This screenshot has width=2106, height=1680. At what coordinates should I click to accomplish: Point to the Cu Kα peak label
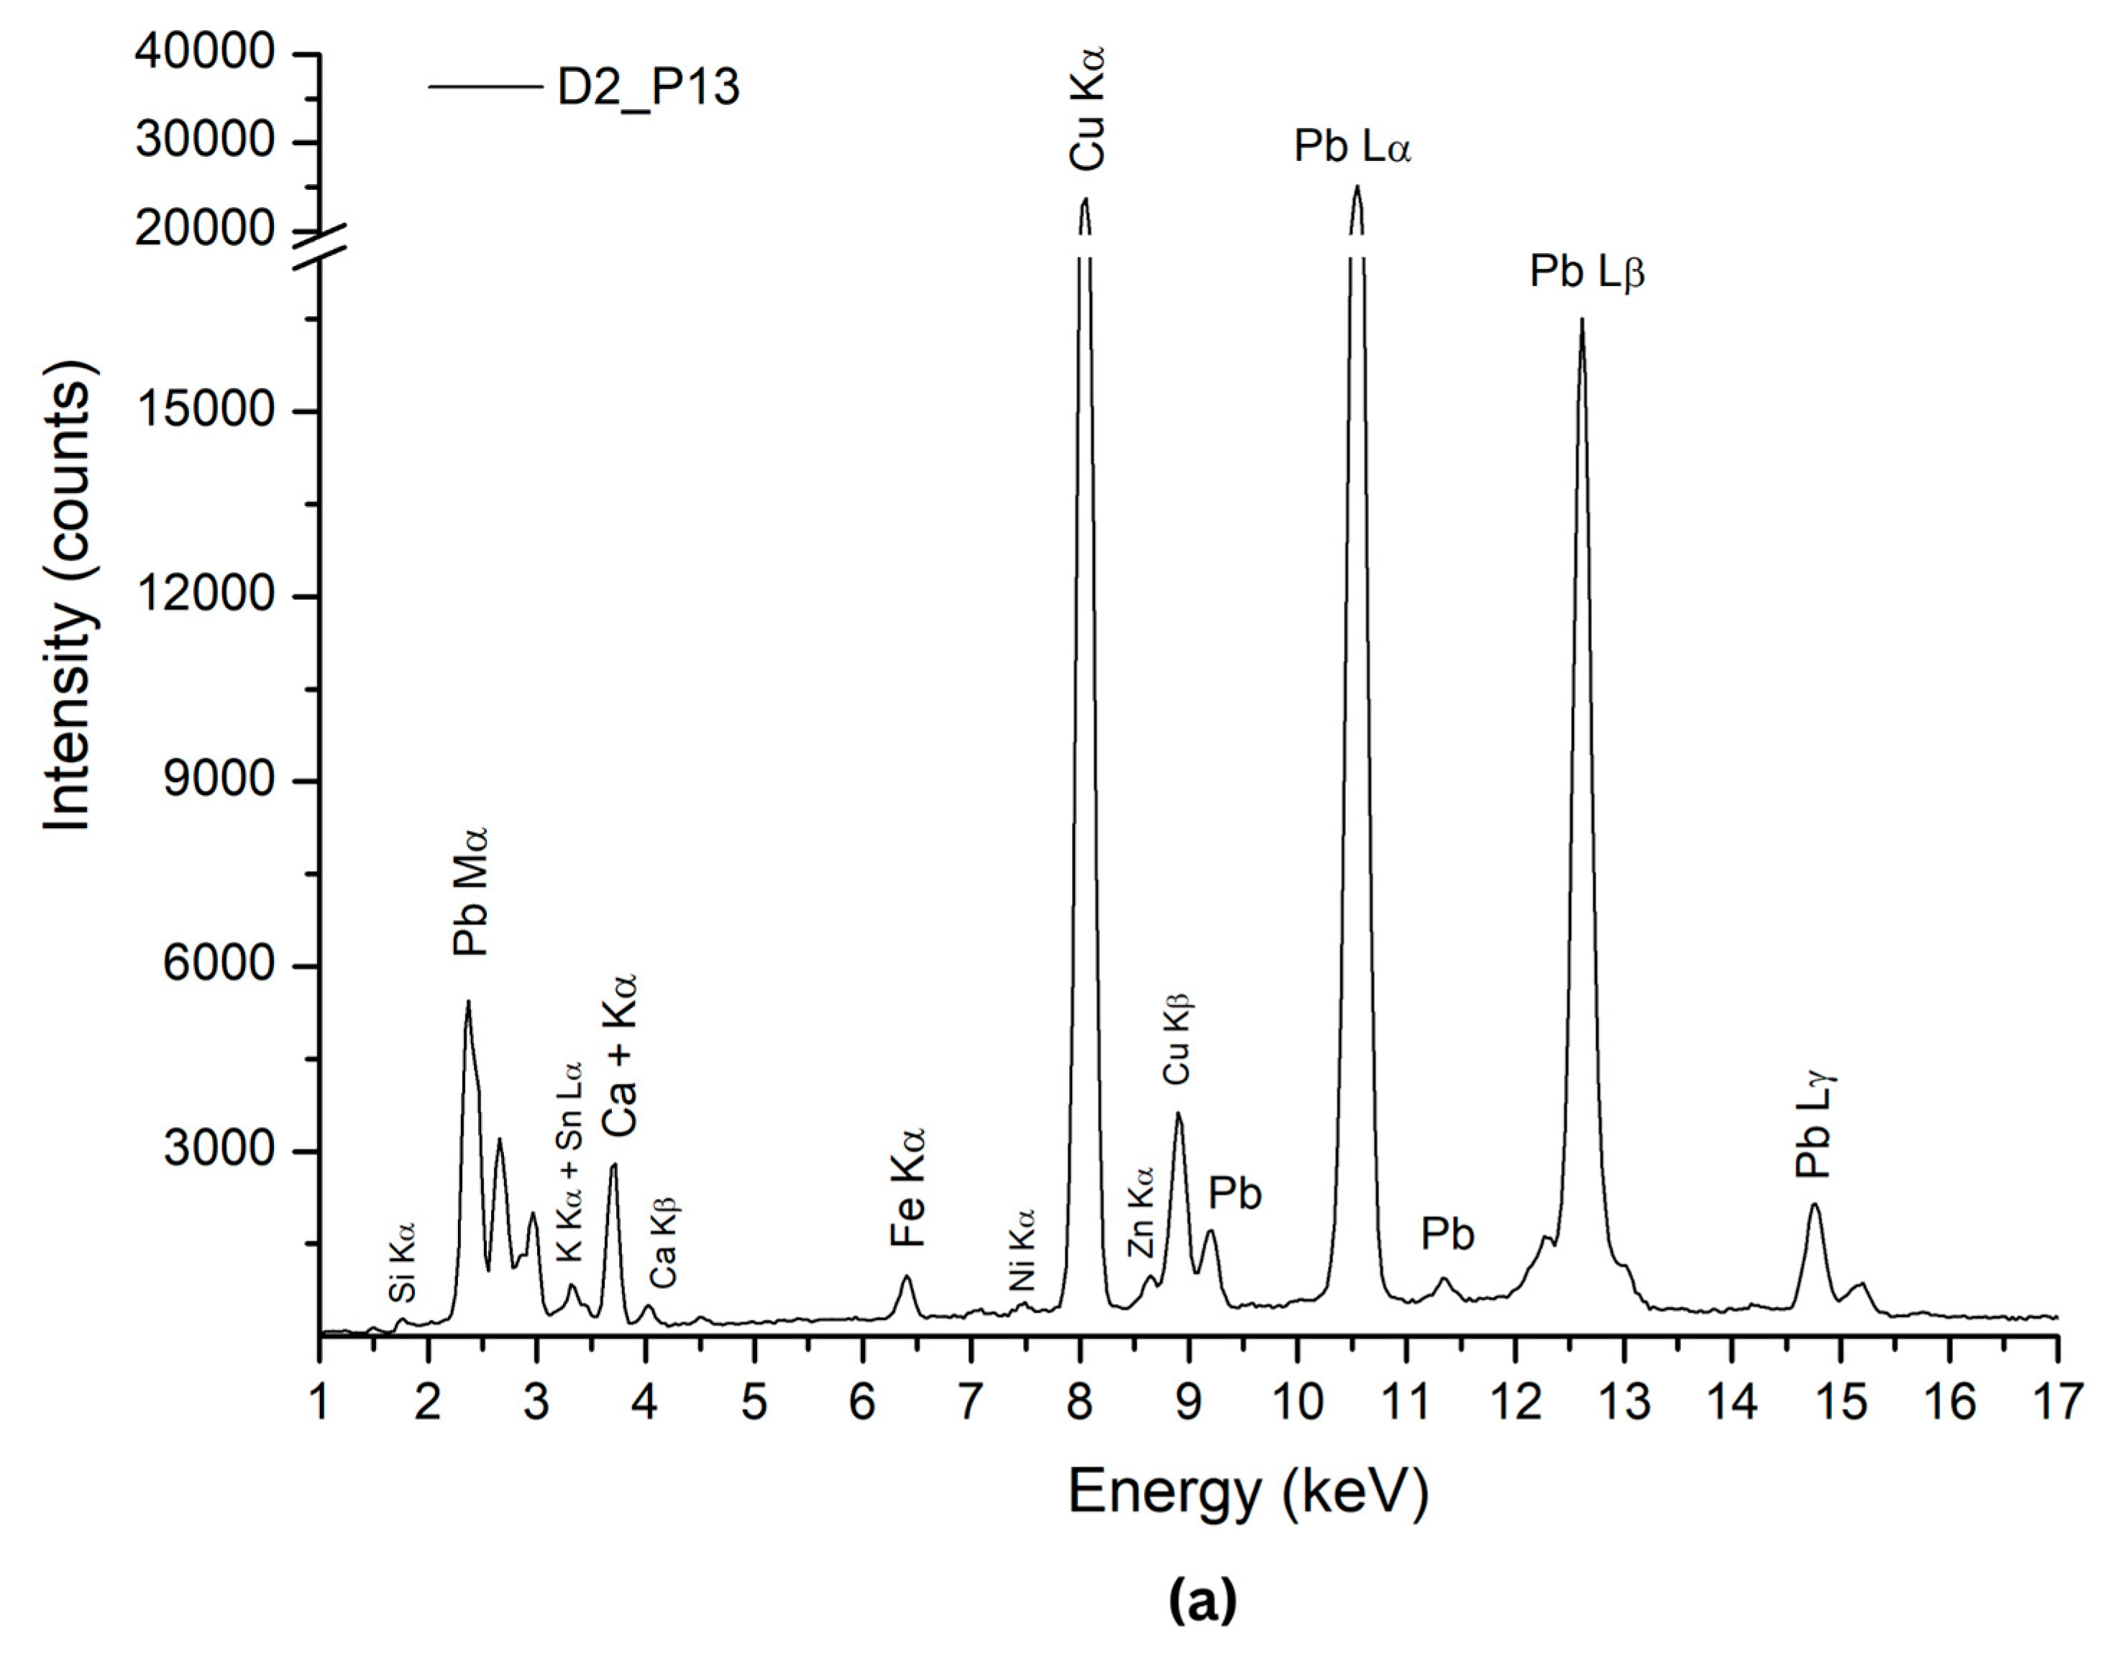tap(1086, 107)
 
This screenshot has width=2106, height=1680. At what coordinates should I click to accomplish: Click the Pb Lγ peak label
tap(1815, 1125)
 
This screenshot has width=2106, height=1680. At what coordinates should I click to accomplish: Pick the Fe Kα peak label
tap(907, 1188)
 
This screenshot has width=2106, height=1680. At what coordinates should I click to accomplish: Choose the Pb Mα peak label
tap(470, 891)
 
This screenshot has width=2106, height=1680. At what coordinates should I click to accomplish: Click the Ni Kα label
tap(1022, 1249)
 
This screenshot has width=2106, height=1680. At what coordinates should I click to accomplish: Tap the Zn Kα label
tap(1140, 1211)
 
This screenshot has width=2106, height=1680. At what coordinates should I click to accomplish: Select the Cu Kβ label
tap(1177, 1040)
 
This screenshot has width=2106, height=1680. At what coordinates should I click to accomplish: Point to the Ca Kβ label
tap(664, 1242)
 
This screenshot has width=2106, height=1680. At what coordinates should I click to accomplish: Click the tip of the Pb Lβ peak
tap(1581, 321)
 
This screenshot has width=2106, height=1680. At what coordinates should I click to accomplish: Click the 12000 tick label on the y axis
tap(205, 594)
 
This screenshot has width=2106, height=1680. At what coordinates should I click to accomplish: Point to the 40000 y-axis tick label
tap(205, 52)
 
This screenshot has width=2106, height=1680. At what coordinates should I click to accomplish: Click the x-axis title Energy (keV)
tap(1248, 1492)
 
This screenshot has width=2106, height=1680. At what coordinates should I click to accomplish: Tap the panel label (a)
tap(1202, 1599)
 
